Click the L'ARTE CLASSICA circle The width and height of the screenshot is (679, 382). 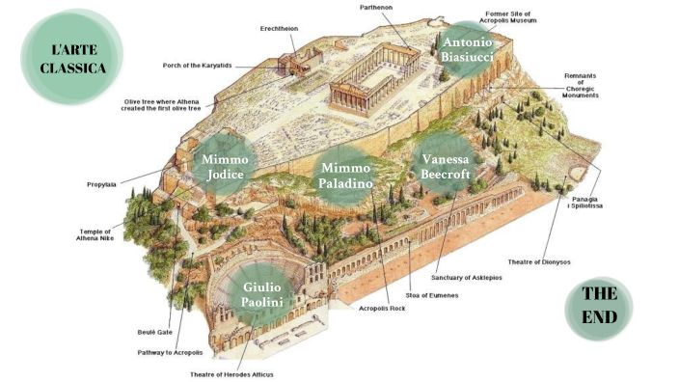coord(72,57)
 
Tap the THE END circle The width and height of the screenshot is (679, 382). coord(599,309)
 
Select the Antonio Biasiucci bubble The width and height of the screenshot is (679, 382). coord(467,50)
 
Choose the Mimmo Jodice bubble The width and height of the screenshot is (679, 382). coord(225,165)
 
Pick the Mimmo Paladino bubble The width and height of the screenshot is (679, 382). coord(345,176)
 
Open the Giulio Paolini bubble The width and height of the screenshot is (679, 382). coord(262,295)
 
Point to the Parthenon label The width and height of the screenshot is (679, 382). coord(376,8)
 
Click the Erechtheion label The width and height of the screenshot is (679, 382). coord(279,29)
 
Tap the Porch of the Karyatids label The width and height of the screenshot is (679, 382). coord(197,66)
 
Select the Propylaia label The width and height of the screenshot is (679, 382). coord(101,184)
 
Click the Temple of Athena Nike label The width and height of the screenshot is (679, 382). coord(95,234)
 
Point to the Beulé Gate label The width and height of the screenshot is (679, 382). coord(154,332)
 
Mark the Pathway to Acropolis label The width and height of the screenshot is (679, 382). coord(170,352)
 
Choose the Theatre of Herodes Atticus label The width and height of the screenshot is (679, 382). coord(231,374)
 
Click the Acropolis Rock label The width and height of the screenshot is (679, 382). coord(382,309)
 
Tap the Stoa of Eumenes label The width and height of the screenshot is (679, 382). coord(432,295)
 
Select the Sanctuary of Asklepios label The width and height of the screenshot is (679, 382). coord(467,278)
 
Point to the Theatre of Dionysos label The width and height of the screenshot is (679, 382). coord(539,262)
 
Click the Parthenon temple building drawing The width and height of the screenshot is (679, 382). coord(374,79)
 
